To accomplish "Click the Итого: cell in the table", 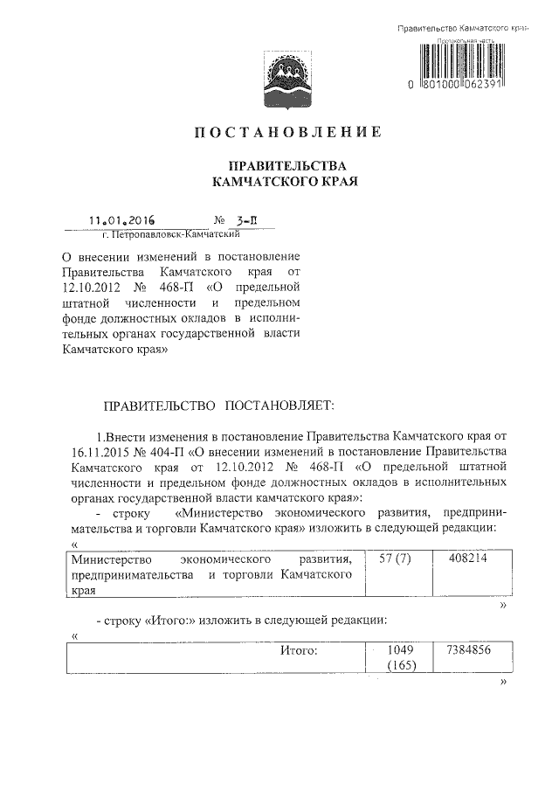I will [x=299, y=651].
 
